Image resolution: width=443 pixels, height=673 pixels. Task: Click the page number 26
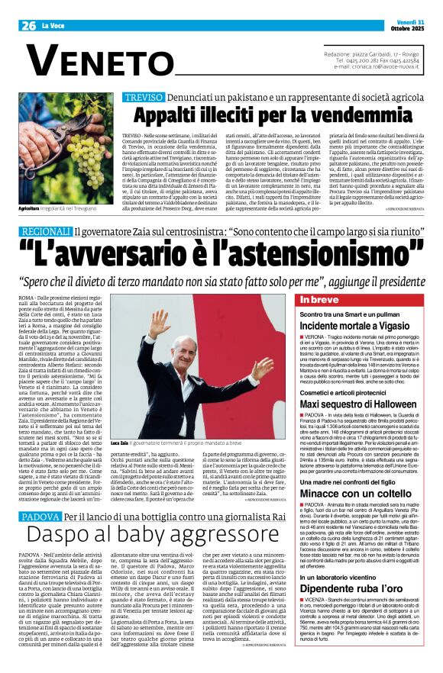(29, 25)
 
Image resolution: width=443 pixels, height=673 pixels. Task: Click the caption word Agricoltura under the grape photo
(30, 208)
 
